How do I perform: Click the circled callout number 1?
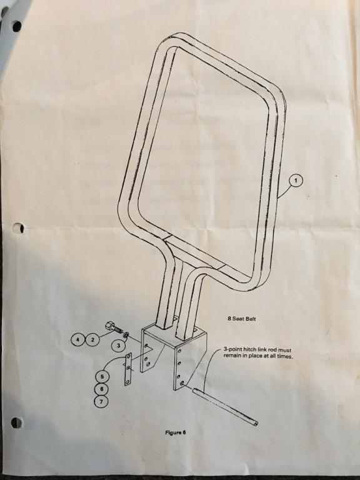[296, 181]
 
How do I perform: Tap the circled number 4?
[77, 339]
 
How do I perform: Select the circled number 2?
[92, 339]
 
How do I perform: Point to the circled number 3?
[119, 346]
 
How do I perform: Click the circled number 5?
[102, 376]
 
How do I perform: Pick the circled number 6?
[102, 389]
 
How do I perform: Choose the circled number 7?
[101, 401]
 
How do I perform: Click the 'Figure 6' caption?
[176, 432]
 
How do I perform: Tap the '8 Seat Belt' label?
[242, 319]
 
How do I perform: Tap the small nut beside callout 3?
[126, 335]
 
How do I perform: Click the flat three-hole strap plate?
[128, 369]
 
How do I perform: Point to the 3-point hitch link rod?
[225, 406]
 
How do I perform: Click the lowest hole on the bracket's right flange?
[182, 383]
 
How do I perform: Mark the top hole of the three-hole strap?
[129, 357]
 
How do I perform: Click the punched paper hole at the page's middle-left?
[19, 227]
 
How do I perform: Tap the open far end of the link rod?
[256, 423]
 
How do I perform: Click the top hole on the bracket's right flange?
[180, 352]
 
